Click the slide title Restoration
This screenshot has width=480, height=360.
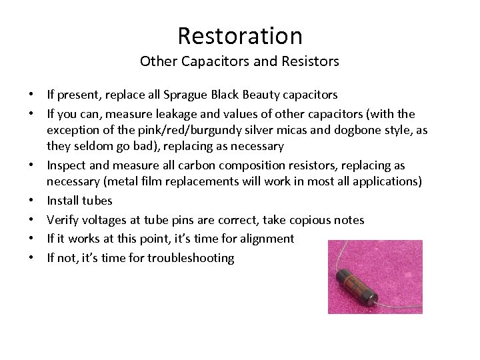tap(239, 35)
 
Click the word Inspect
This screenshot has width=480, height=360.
tap(66, 165)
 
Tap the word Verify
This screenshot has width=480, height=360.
tap(63, 219)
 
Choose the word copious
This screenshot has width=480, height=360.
tap(311, 219)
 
